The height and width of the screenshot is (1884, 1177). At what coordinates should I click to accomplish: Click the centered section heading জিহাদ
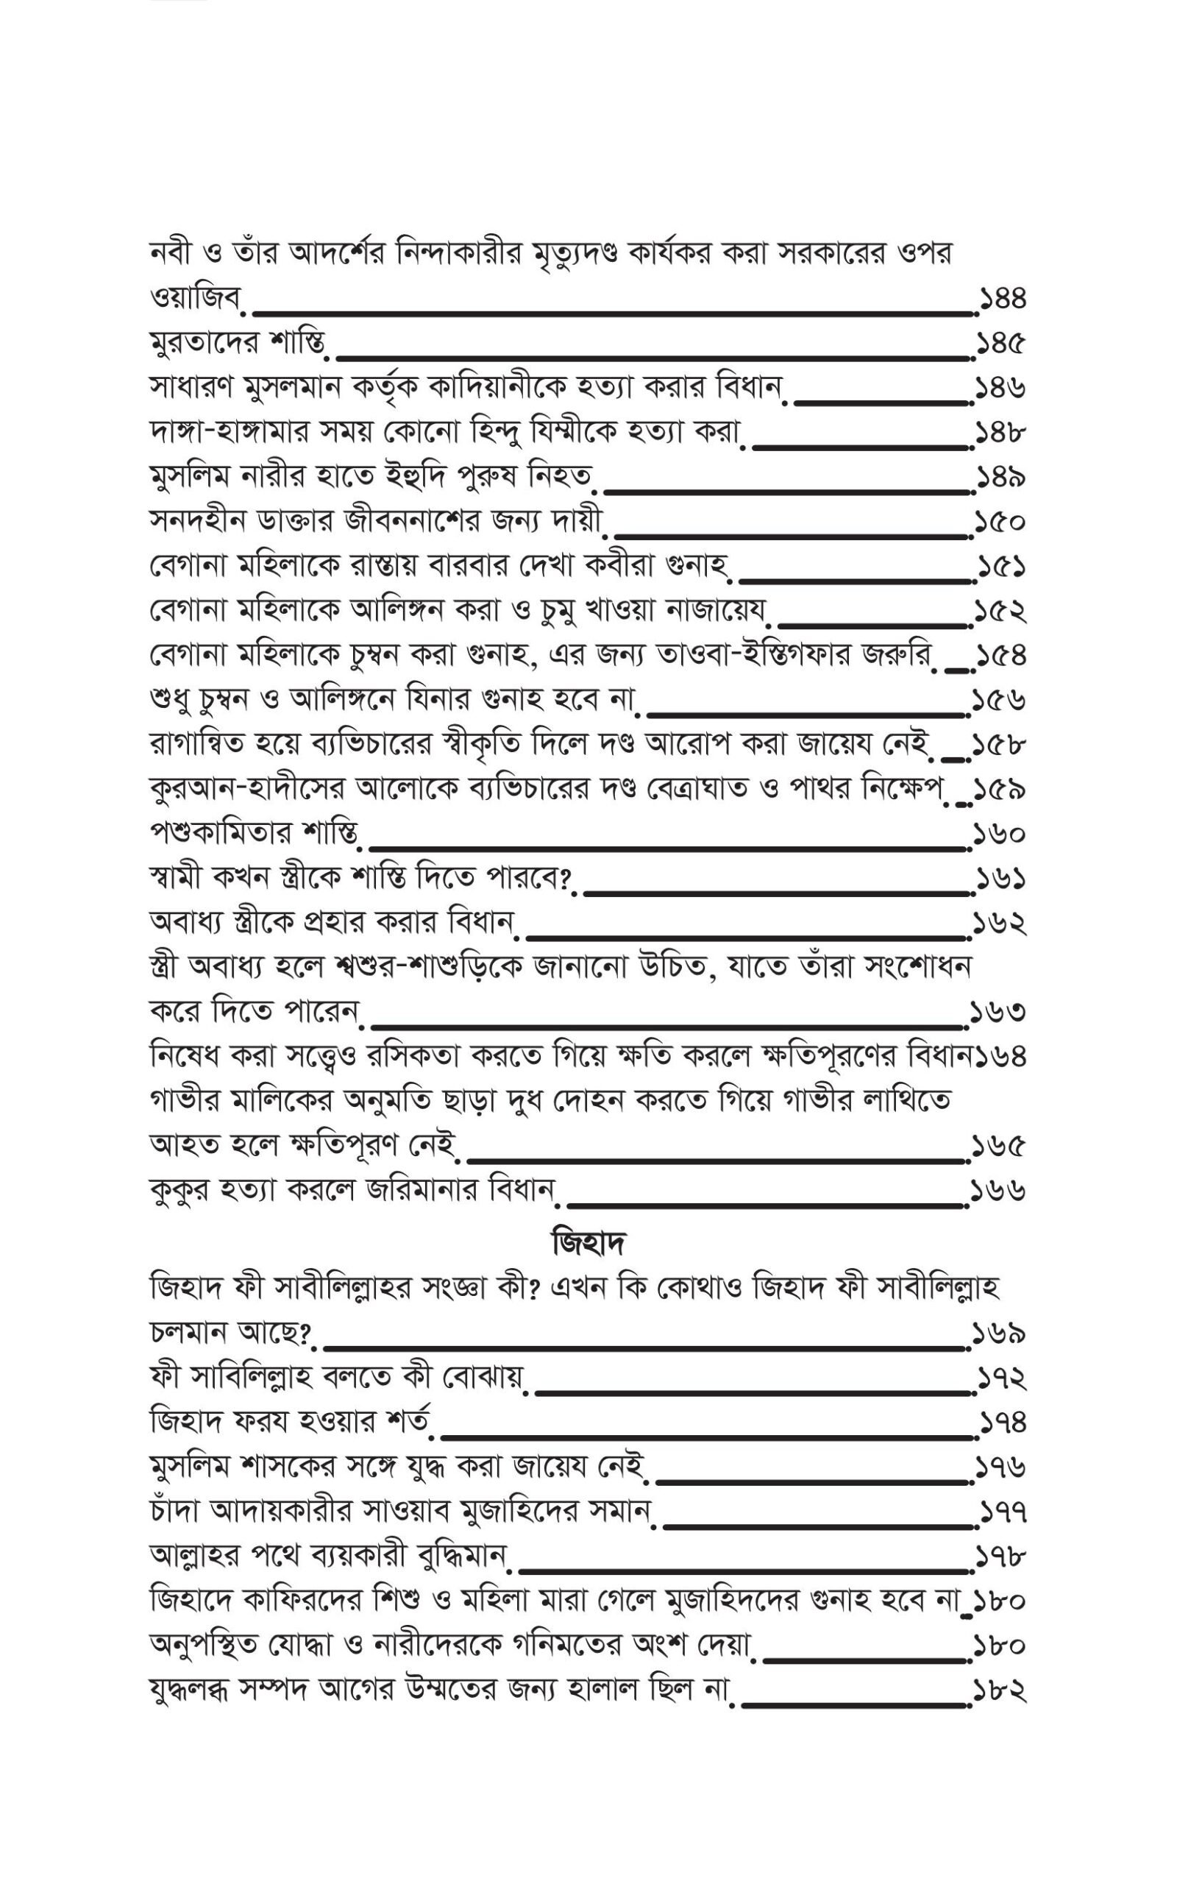(x=588, y=1243)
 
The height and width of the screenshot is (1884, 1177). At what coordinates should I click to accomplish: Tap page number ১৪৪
(x=1003, y=299)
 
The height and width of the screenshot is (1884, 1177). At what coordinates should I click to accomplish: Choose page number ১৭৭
(x=1003, y=1512)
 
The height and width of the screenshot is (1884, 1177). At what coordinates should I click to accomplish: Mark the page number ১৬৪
(x=1001, y=1058)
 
